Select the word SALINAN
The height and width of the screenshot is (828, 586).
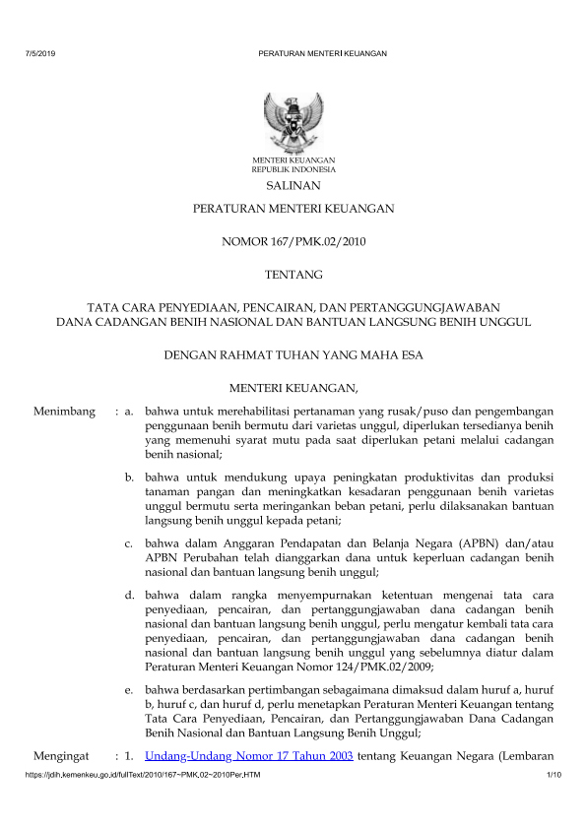coord(293,184)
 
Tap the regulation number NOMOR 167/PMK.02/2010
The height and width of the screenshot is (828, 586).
coord(293,240)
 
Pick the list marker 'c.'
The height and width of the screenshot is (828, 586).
coord(130,542)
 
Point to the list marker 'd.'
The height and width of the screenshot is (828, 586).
coord(130,596)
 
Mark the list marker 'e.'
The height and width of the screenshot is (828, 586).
coord(130,689)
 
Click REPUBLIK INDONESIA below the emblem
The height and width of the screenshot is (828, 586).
coord(293,168)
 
